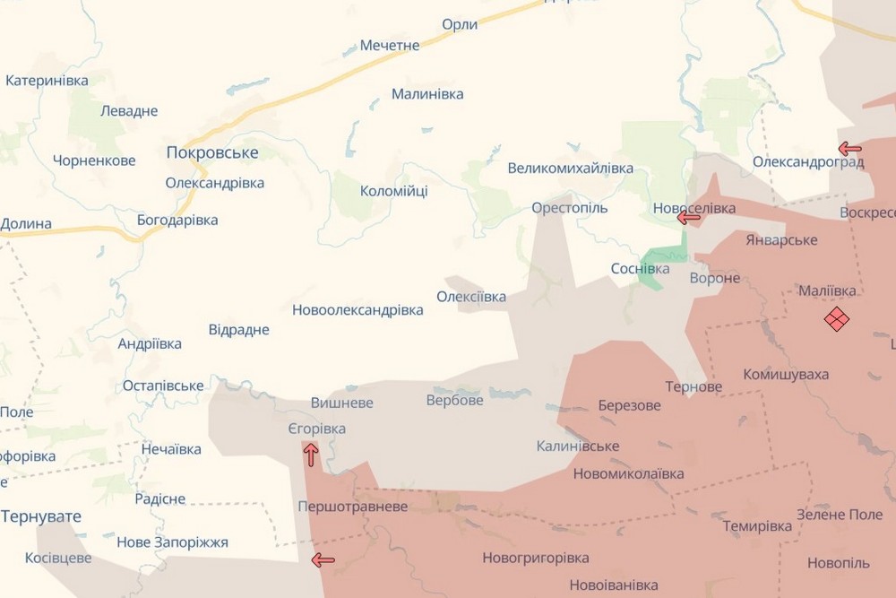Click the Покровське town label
pos(212,152)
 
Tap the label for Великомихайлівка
pos(570,169)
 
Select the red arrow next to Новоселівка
pos(688,217)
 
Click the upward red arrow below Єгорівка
pos(310,455)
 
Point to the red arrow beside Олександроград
pos(849,149)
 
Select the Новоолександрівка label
pos(358,310)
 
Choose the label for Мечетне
pos(390,46)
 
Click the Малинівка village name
pos(427,94)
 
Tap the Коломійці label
pos(393,191)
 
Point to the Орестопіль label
pos(569,208)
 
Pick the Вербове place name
pos(454,400)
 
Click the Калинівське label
pos(578,446)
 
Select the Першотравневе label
pos(352,507)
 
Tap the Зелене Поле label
pos(840,515)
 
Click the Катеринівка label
pos(47,81)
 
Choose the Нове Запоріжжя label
pos(172,542)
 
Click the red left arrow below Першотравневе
pos(323,561)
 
